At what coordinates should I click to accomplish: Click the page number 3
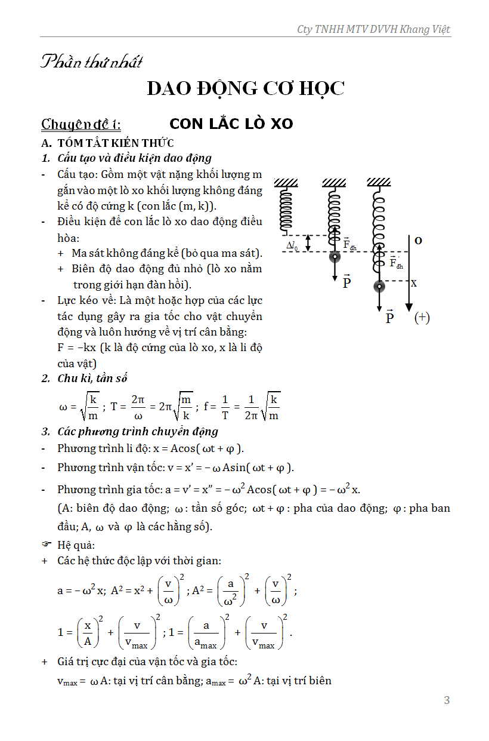click(447, 700)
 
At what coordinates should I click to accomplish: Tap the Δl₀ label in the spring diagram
click(292, 244)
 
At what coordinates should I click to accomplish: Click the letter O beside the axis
click(418, 241)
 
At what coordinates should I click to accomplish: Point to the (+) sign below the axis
click(422, 318)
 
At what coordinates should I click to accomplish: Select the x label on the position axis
click(414, 283)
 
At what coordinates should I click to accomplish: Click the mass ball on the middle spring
click(335, 257)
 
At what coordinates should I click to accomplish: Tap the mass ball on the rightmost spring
click(379, 286)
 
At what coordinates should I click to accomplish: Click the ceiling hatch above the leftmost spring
click(286, 182)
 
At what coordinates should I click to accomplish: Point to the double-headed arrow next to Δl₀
click(308, 243)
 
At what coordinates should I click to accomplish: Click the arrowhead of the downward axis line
click(408, 306)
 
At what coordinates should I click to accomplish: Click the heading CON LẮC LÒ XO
click(231, 124)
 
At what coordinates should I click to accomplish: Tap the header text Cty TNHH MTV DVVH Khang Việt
click(373, 29)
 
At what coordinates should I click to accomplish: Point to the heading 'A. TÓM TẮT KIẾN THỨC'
click(107, 143)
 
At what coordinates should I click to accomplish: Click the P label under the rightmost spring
click(389, 317)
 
